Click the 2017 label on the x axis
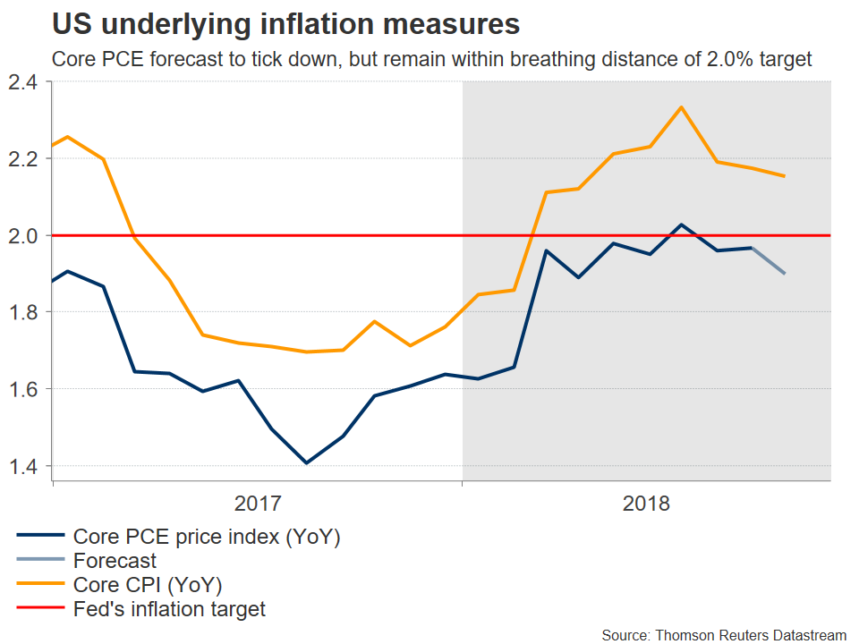[258, 503]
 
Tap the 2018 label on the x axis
[647, 503]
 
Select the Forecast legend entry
[115, 561]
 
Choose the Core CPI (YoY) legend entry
[148, 585]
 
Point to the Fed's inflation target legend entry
[169, 609]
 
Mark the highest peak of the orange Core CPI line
[682, 107]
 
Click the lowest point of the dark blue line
[307, 463]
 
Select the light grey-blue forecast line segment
[769, 261]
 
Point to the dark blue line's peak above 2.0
[681, 225]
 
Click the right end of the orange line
[785, 176]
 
